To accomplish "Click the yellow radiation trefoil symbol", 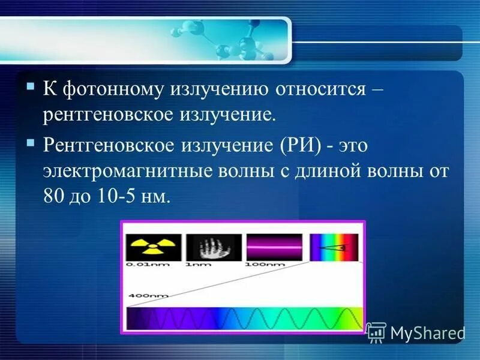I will [x=153, y=247].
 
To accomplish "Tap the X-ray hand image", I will [x=213, y=247].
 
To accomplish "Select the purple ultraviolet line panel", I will [x=274, y=247].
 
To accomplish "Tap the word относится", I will [x=320, y=90].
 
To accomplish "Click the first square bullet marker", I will [x=31, y=87].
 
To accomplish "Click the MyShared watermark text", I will [x=427, y=332].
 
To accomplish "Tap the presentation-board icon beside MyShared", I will [x=376, y=332].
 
